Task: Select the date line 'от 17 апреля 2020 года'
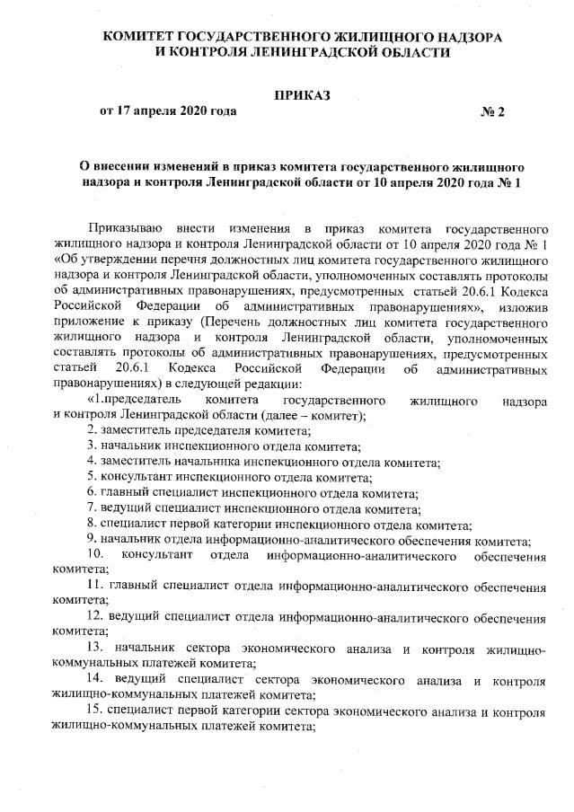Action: pos(168,111)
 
